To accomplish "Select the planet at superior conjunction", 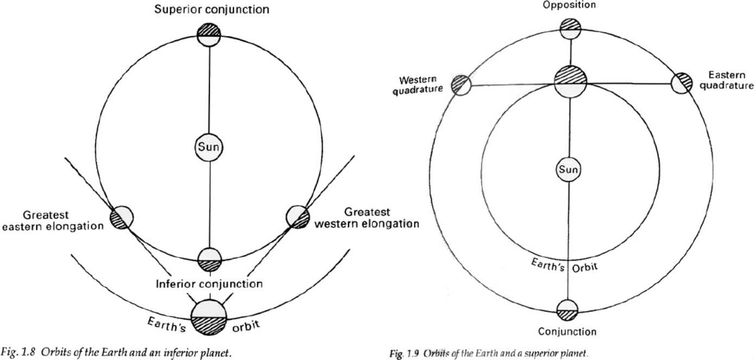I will pyautogui.click(x=209, y=35).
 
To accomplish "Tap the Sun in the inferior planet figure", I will pyautogui.click(x=209, y=147).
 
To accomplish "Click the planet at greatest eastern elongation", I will pyautogui.click(x=122, y=218).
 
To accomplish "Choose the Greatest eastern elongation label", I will pyautogui.click(x=52, y=220).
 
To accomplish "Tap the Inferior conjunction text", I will pyautogui.click(x=209, y=284).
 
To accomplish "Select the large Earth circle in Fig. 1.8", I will pyautogui.click(x=209, y=316).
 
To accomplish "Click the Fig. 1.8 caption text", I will pyautogui.click(x=116, y=352).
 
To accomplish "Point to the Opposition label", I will pyautogui.click(x=569, y=5).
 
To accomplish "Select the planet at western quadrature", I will pyautogui.click(x=461, y=85).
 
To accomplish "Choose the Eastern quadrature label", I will pyautogui.click(x=726, y=80).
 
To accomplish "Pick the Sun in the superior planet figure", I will pyautogui.click(x=569, y=170).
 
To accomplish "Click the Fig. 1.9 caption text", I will pyautogui.click(x=489, y=353).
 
